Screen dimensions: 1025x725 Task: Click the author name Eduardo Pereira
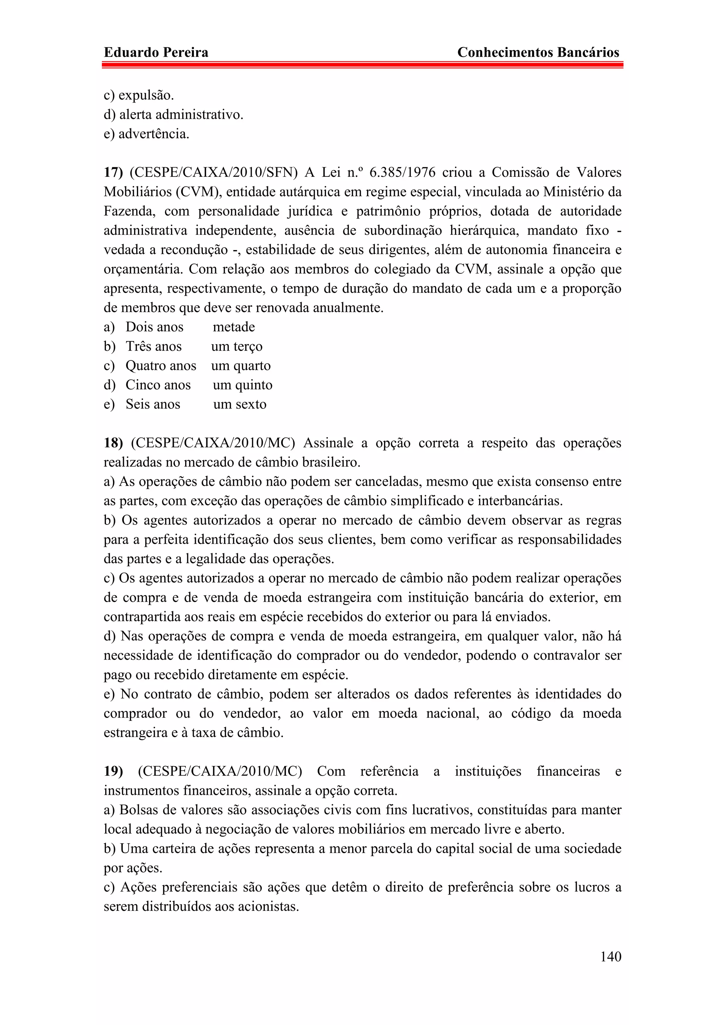pos(156,52)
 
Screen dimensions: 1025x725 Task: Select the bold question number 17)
pos(113,172)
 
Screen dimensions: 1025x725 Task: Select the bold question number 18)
pos(113,443)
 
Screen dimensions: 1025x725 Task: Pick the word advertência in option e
pos(154,134)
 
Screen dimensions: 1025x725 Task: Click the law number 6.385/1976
pos(402,172)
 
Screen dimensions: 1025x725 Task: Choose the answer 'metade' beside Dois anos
pos(234,327)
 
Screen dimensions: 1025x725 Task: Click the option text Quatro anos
pos(161,366)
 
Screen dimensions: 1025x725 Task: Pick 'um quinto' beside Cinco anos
pos(242,385)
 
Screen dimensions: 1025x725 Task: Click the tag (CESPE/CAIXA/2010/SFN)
pos(213,172)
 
